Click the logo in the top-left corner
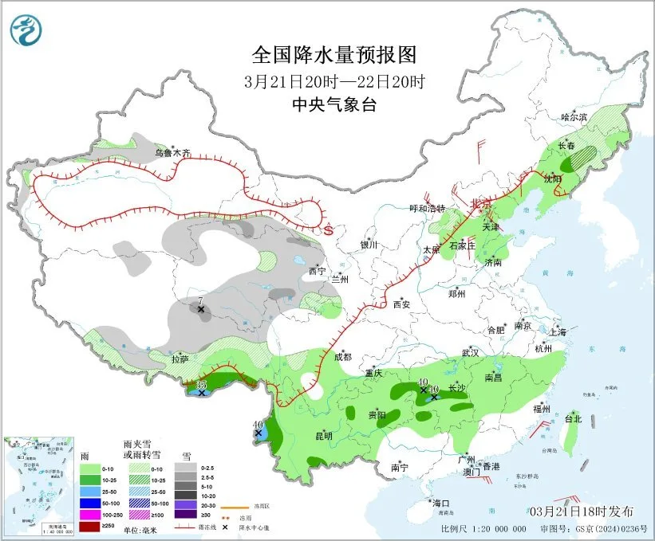25,30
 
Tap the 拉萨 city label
180,359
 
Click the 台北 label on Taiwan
574,418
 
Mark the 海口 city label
441,503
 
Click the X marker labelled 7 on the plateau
202,309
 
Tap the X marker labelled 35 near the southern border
203,393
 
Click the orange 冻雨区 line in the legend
233,507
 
